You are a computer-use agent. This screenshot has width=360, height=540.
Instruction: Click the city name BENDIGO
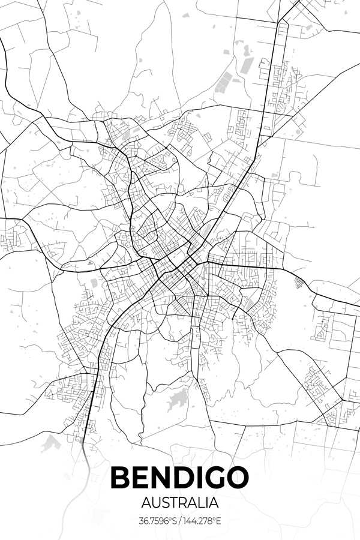click(180, 478)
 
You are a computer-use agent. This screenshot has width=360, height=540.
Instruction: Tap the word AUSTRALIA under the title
click(180, 501)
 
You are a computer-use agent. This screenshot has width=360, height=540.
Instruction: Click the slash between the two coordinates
click(181, 520)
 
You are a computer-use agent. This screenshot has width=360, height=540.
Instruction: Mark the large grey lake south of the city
click(177, 401)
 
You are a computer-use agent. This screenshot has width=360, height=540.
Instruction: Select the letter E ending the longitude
click(219, 520)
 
